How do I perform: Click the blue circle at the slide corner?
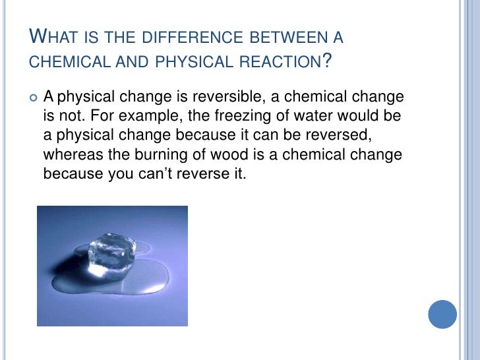442,315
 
